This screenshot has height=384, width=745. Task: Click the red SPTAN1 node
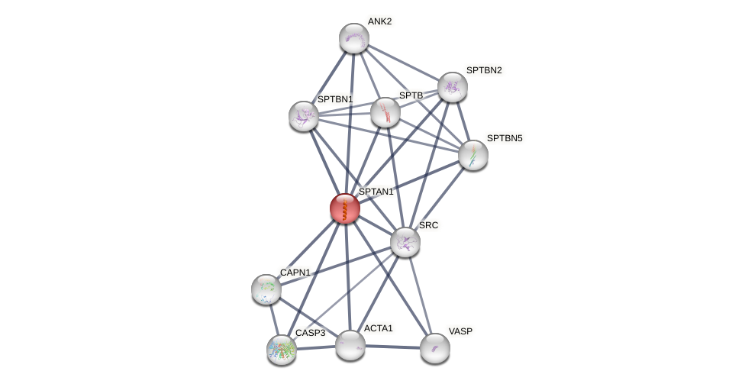click(344, 208)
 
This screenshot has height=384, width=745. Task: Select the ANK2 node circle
click(353, 38)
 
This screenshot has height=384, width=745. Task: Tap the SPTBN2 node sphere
click(452, 87)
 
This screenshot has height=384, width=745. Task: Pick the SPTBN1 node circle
click(303, 116)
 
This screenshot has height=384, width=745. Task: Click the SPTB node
click(385, 112)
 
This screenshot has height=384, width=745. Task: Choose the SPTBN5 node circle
click(472, 155)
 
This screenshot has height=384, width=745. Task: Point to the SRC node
click(405, 242)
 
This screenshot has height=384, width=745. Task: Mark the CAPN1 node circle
click(266, 289)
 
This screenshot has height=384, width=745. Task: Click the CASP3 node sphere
click(281, 350)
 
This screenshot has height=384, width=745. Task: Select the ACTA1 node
click(350, 344)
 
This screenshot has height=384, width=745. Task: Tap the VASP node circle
click(434, 348)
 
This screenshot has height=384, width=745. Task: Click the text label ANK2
click(379, 21)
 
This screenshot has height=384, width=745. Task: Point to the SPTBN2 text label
click(484, 70)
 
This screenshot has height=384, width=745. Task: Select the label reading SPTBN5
click(505, 138)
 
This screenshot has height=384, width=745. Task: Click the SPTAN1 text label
click(376, 192)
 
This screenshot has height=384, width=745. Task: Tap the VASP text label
click(460, 331)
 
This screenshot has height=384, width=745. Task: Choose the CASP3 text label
click(311, 333)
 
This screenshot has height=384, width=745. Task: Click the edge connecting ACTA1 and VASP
click(392, 347)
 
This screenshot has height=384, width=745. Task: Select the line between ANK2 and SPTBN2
click(402, 63)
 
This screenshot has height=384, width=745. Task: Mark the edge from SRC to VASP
click(419, 294)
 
